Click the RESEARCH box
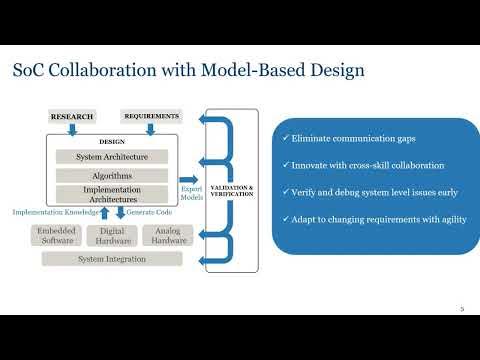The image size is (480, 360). [72, 117]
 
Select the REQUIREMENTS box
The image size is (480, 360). [150, 116]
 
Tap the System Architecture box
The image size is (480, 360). [112, 156]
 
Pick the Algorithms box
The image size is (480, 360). [112, 175]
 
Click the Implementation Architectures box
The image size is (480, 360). [112, 195]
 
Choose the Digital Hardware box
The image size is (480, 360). [112, 235]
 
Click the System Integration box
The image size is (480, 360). [111, 259]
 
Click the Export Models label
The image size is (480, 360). [192, 191]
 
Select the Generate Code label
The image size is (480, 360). [148, 212]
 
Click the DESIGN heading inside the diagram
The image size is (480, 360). [112, 141]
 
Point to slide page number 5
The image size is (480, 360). [462, 310]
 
